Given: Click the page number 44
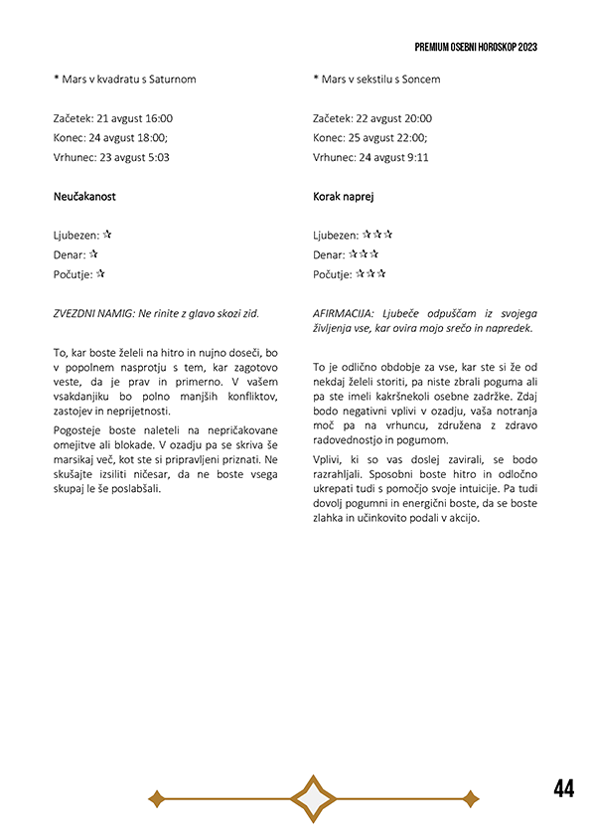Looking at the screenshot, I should (x=563, y=789).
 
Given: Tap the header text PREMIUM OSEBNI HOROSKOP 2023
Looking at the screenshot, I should (x=476, y=48).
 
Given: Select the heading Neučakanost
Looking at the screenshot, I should (x=84, y=197).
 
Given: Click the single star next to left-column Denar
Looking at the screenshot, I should (x=93, y=254).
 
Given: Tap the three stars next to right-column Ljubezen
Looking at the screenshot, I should (x=377, y=236).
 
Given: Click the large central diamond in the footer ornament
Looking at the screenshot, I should (x=312, y=798).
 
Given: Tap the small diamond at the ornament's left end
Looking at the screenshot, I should (x=155, y=798).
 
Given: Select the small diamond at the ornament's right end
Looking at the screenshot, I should (x=470, y=798).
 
